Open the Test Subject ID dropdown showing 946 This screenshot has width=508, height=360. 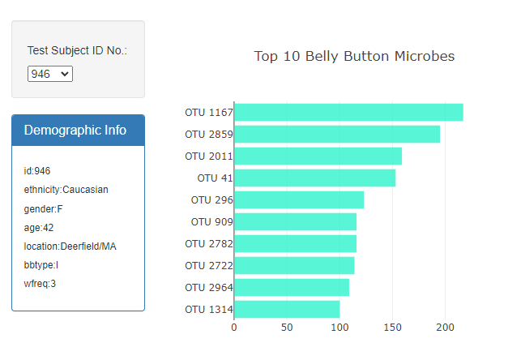coord(50,74)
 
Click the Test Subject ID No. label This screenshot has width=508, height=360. coord(77,50)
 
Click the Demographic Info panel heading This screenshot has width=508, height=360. coord(75,130)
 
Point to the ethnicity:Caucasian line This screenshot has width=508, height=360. coord(66,190)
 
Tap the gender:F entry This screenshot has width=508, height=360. coord(44,208)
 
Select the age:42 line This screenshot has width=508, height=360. coord(39,228)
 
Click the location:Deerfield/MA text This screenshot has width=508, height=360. coord(70,246)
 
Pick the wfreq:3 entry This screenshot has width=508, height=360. coord(41,284)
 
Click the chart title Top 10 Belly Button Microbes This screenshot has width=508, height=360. coord(354,56)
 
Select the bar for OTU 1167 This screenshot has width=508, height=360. coord(348,112)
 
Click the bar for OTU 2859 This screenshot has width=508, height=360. coord(337,134)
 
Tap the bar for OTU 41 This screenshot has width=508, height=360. coord(314,178)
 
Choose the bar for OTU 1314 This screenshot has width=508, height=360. coord(287,309)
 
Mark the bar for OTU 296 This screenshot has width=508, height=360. coord(299,199)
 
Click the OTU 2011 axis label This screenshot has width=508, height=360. coord(208,156)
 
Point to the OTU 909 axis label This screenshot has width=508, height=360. coord(211,221)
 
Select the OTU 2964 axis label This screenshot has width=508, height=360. coord(208,287)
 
